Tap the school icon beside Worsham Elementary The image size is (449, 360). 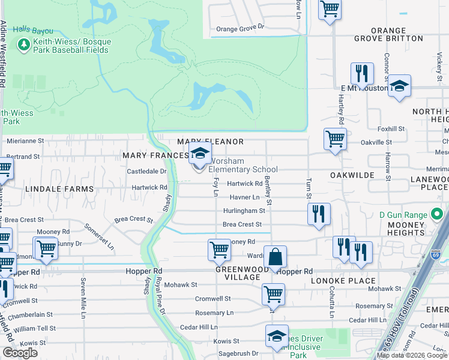200,152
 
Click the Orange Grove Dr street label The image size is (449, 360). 240,28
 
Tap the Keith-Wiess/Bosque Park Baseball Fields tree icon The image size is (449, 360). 24,44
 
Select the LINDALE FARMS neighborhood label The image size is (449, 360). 59,189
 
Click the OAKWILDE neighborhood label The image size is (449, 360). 352,175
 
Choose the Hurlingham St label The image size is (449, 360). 244,211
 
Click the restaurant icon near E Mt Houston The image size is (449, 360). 362,73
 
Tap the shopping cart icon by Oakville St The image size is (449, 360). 335,139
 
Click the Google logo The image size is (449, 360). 20,353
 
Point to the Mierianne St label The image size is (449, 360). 25,142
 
